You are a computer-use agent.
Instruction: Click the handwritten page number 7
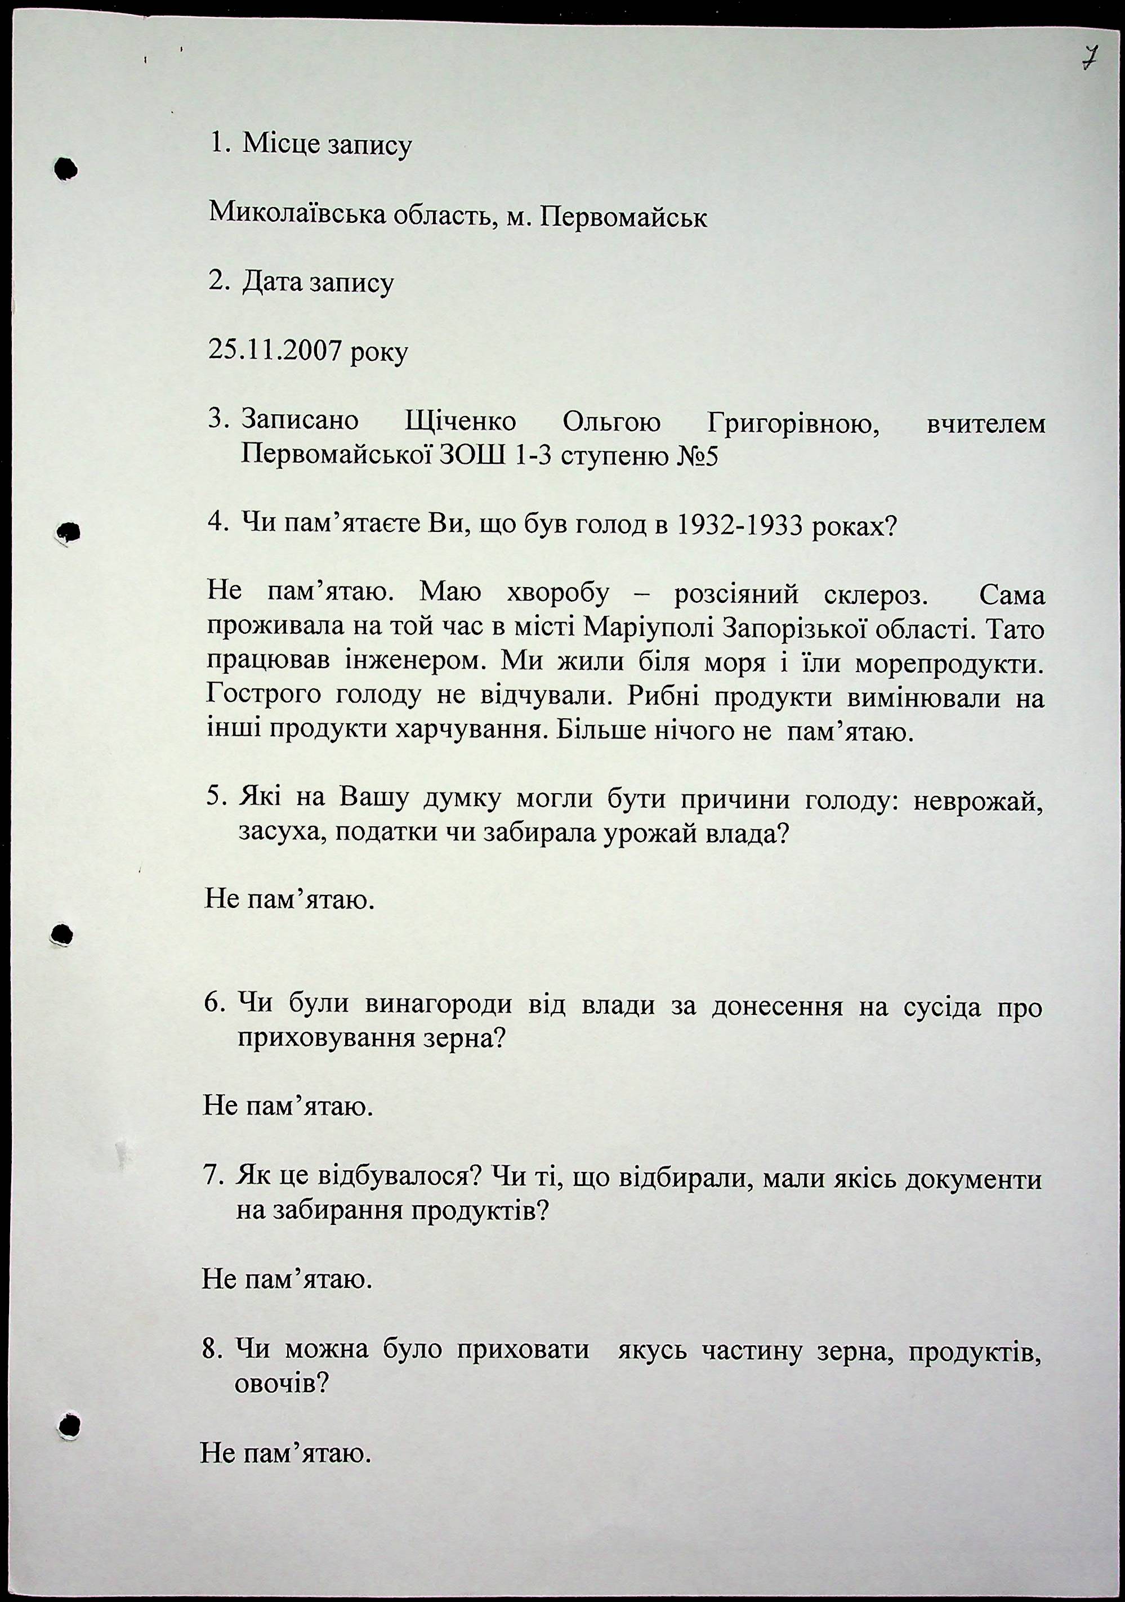point(1087,58)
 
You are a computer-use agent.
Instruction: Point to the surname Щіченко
point(461,422)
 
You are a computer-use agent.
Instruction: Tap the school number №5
point(697,457)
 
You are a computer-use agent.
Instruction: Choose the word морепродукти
point(950,664)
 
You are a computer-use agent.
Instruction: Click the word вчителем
point(985,423)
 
